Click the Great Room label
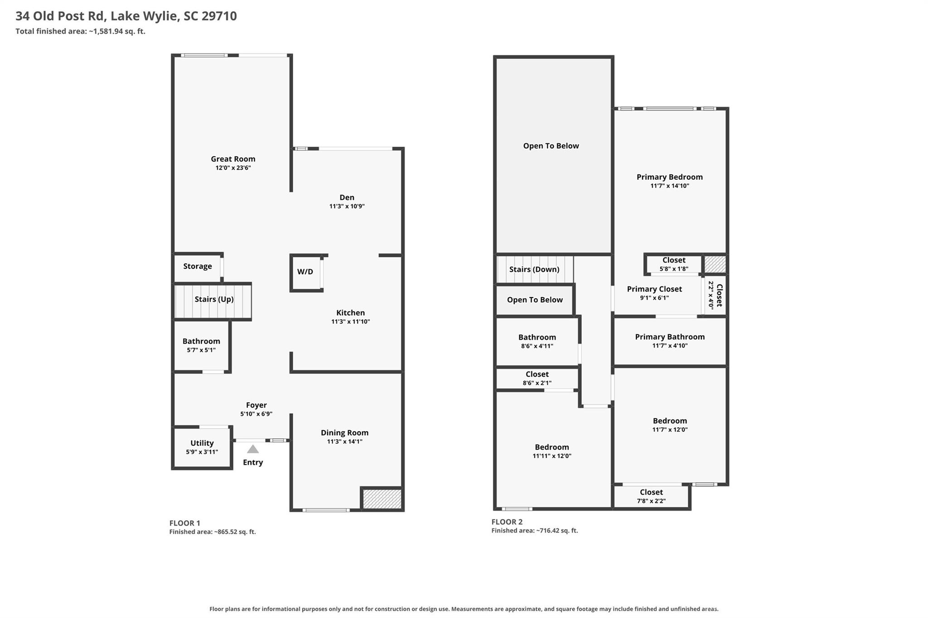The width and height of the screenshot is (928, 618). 233,159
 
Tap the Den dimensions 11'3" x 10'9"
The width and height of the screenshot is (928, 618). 347,206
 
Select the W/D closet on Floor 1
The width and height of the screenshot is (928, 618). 306,273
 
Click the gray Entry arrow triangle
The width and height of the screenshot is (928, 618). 253,449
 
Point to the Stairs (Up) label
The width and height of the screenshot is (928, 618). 214,299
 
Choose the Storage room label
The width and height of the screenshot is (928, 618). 198,266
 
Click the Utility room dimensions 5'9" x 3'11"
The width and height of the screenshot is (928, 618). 202,452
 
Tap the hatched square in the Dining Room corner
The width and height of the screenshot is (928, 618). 382,498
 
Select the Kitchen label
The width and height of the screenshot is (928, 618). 351,313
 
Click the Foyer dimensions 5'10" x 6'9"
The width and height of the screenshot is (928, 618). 256,414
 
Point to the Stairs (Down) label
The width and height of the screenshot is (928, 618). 534,269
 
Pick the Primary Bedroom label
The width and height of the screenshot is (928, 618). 670,177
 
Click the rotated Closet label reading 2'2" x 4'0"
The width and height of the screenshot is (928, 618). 715,295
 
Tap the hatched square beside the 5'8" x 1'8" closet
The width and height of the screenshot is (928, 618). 715,264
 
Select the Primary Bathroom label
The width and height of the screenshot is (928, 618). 670,337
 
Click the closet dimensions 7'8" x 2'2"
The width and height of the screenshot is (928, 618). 652,501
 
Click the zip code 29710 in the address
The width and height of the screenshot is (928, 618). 219,16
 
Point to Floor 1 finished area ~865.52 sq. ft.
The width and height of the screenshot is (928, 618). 213,532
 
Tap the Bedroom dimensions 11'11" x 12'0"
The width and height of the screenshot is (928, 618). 552,456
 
